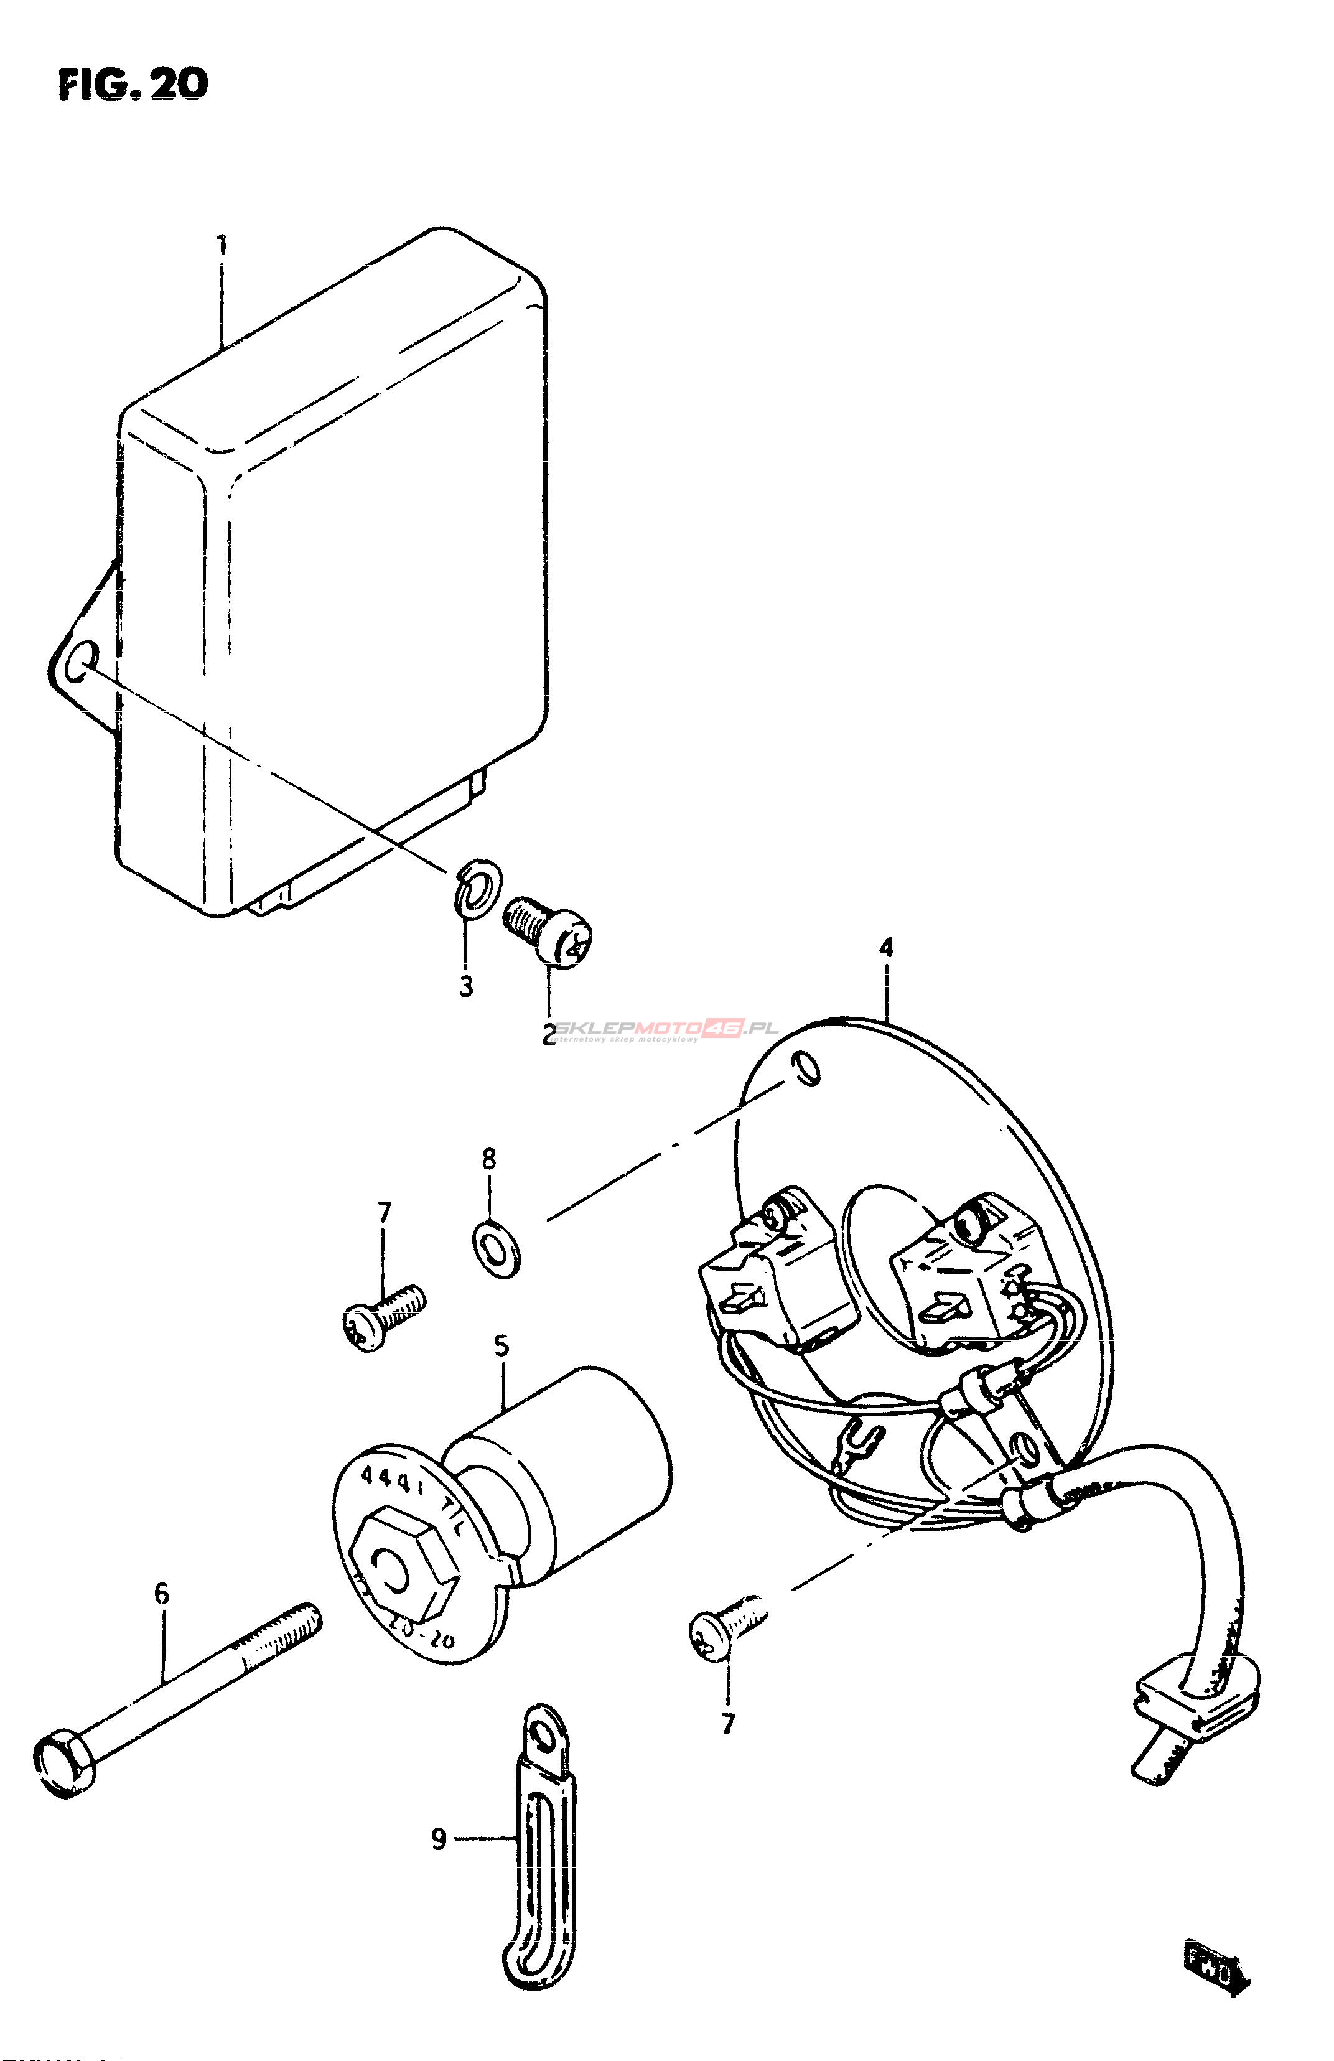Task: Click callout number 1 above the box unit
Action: pos(223,245)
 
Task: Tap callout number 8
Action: pos(489,1159)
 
